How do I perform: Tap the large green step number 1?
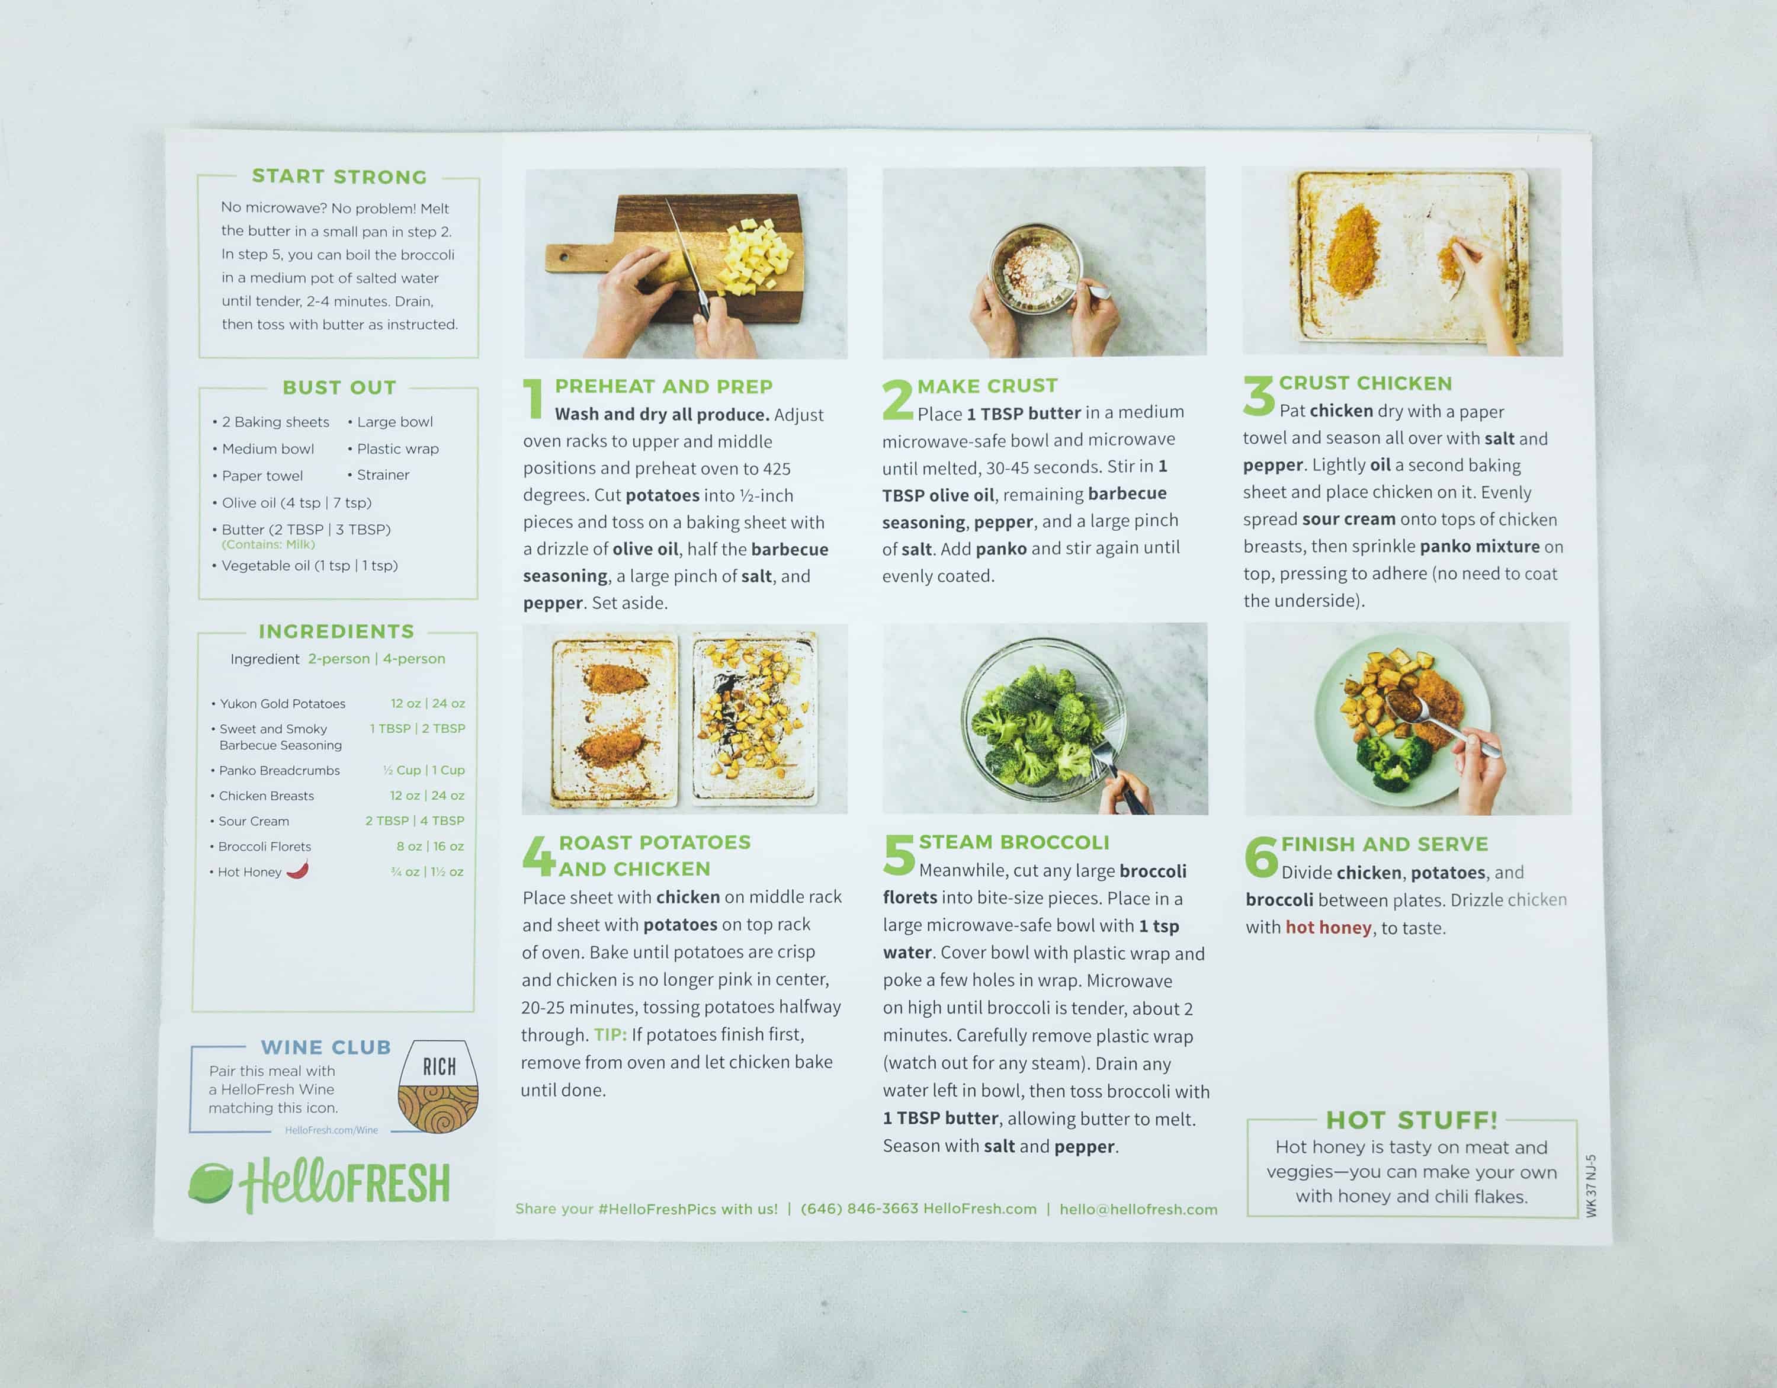click(534, 399)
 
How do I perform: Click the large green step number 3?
click(1259, 396)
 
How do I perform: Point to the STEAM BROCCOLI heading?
click(1014, 842)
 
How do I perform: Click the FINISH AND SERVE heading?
click(1384, 845)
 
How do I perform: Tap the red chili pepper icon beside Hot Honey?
click(298, 870)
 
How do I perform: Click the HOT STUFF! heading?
click(1411, 1120)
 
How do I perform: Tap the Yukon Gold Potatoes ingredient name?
click(283, 704)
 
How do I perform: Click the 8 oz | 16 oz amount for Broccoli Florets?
click(429, 846)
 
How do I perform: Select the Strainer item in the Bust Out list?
click(383, 475)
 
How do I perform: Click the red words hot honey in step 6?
click(1328, 928)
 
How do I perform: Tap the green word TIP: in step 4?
click(610, 1035)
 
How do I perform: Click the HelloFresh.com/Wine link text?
click(331, 1130)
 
